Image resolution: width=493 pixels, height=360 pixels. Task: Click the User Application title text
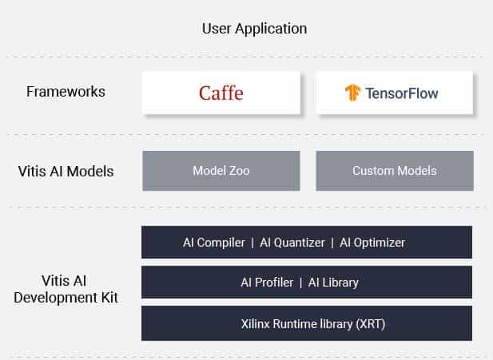pyautogui.click(x=254, y=29)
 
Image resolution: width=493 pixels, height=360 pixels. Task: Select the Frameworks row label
pyautogui.click(x=66, y=92)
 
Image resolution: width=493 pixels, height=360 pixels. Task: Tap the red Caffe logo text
pyautogui.click(x=221, y=93)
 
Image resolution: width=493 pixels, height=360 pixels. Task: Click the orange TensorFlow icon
pyautogui.click(x=352, y=93)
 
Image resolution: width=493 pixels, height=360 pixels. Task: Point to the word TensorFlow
pyautogui.click(x=402, y=93)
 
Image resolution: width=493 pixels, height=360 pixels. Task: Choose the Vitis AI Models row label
pyautogui.click(x=66, y=172)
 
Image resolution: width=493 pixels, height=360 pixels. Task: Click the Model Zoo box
pyautogui.click(x=221, y=171)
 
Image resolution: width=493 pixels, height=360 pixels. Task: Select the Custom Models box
pyautogui.click(x=395, y=171)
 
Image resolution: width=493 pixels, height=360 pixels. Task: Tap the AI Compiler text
pyautogui.click(x=214, y=243)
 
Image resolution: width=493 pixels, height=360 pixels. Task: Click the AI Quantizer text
pyautogui.click(x=292, y=243)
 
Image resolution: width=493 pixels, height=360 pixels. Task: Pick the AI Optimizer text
pyautogui.click(x=372, y=243)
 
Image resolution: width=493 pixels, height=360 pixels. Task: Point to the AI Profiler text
pyautogui.click(x=267, y=283)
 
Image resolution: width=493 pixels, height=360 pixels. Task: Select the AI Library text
pyautogui.click(x=333, y=283)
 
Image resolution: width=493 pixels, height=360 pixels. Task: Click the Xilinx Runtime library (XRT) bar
pyautogui.click(x=307, y=323)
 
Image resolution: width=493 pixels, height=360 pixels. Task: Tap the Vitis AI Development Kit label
pyautogui.click(x=66, y=289)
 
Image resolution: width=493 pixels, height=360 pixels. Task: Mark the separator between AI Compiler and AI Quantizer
pyautogui.click(x=252, y=243)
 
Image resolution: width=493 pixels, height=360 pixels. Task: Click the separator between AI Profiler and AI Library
pyautogui.click(x=301, y=283)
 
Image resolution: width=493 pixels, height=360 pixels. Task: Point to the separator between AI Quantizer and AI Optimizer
pyautogui.click(x=332, y=243)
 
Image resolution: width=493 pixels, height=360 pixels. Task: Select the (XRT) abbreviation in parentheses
pyautogui.click(x=371, y=324)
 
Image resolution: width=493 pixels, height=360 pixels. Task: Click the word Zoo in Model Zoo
pyautogui.click(x=239, y=171)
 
